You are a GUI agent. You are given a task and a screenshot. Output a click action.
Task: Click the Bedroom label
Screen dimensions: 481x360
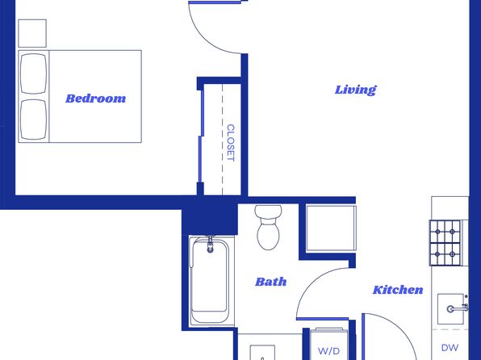(96, 98)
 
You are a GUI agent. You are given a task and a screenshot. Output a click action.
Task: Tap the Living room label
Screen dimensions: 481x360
(355, 90)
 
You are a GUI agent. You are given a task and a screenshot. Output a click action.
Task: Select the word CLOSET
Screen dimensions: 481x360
(230, 143)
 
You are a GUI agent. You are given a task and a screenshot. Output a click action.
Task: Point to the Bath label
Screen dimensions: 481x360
(271, 282)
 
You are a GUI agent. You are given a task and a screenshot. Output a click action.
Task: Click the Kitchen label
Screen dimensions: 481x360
(398, 290)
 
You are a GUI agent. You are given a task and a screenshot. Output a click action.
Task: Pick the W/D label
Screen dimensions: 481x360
(328, 351)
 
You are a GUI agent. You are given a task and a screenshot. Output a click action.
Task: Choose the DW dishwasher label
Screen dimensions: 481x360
(450, 348)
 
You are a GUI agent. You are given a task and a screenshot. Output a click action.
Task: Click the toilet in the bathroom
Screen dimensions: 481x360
(268, 227)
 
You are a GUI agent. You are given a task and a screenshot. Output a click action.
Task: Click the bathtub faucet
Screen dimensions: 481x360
(210, 244)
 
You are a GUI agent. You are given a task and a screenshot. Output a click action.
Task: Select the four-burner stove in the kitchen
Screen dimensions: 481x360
(445, 243)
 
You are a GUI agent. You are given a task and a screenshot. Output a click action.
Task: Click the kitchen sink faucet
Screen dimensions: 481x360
(458, 308)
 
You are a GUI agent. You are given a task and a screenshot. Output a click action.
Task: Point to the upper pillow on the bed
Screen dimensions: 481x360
(33, 73)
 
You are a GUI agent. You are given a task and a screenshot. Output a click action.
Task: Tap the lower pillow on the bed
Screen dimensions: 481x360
(33, 119)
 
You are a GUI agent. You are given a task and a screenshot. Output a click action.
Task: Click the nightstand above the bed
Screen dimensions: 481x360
(32, 33)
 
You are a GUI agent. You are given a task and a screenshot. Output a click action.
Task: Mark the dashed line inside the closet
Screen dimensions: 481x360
(223, 140)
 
